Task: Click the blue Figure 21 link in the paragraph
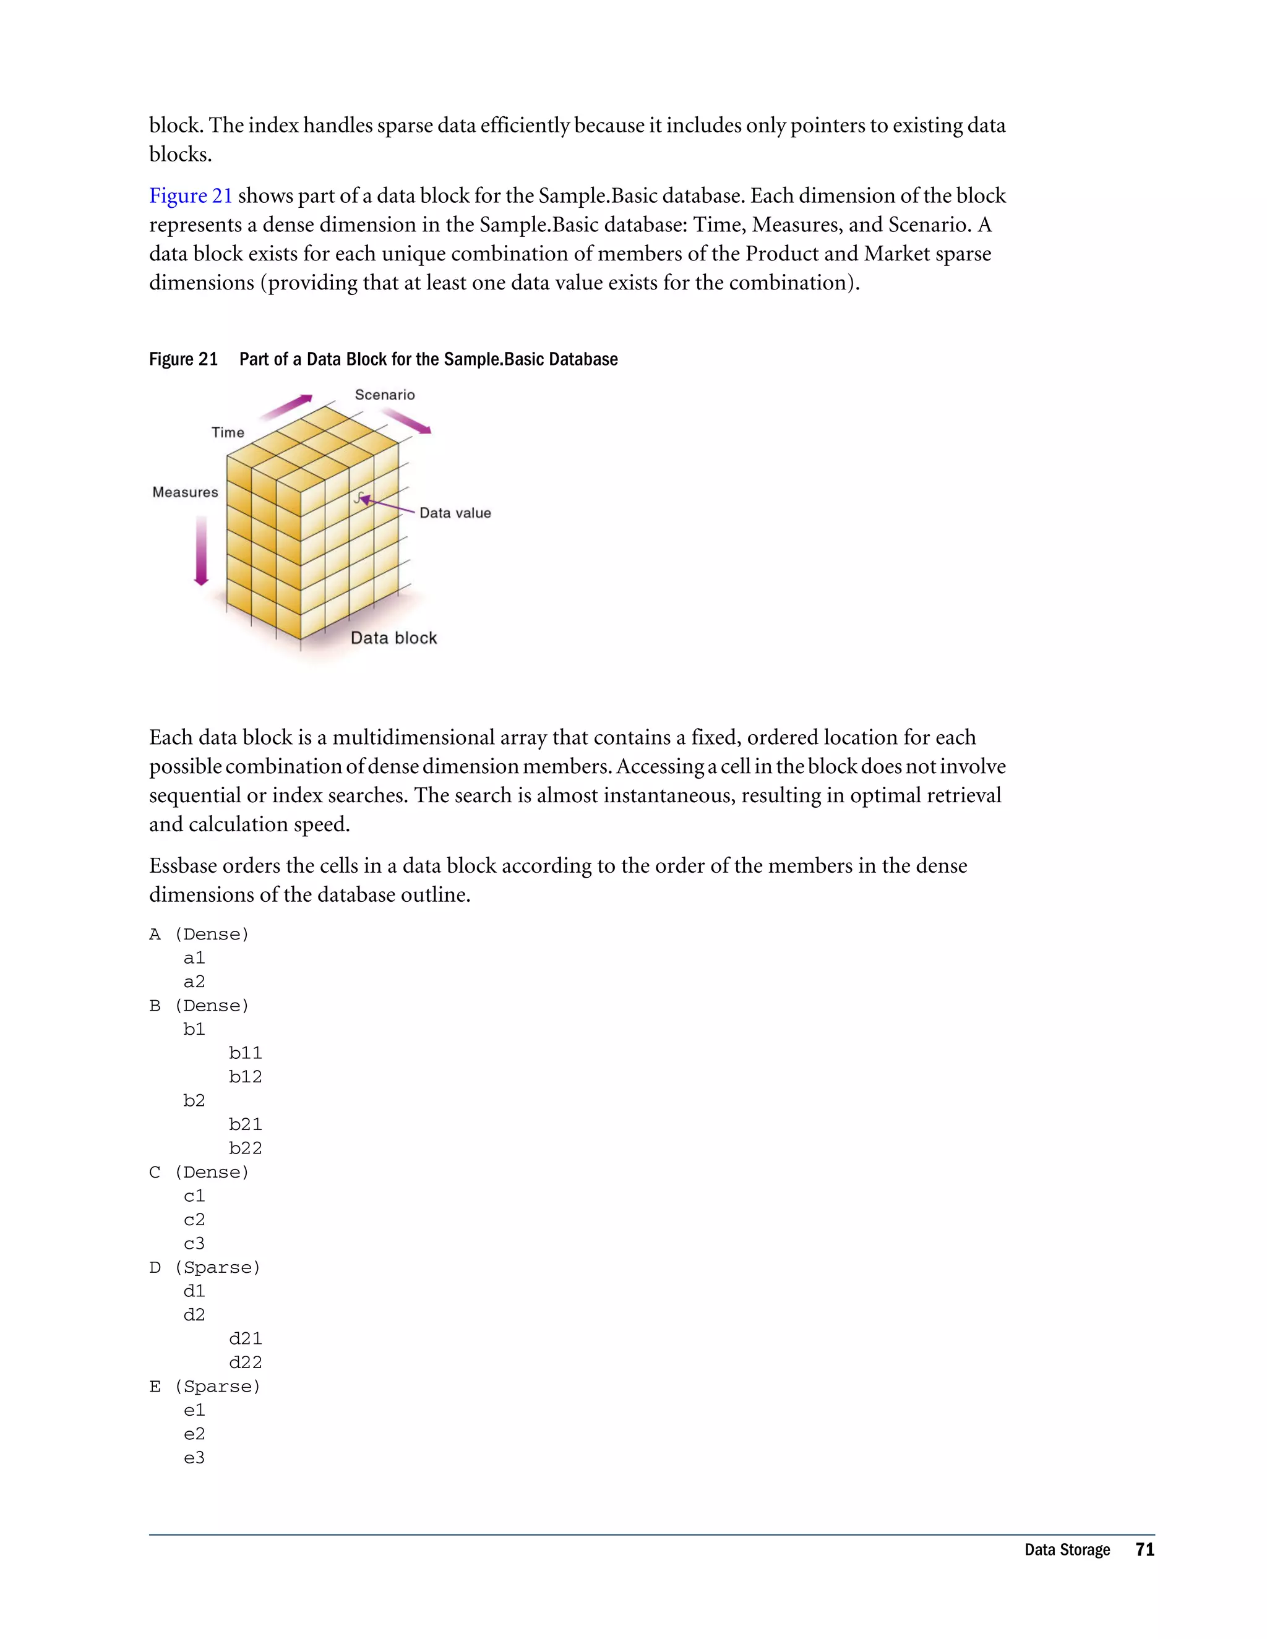click(191, 196)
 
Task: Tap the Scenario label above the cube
click(384, 395)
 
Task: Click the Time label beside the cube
click(228, 432)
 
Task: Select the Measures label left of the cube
click(184, 492)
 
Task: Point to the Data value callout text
click(455, 513)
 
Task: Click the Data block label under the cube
click(393, 638)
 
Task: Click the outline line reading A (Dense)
click(199, 935)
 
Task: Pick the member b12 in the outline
click(246, 1077)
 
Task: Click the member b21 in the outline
click(246, 1124)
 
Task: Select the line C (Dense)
click(199, 1172)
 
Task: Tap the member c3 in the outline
click(194, 1244)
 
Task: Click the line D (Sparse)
click(204, 1267)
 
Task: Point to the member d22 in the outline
click(246, 1362)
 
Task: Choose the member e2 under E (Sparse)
click(194, 1434)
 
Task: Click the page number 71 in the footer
click(1145, 1550)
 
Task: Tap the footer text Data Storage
click(1067, 1551)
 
